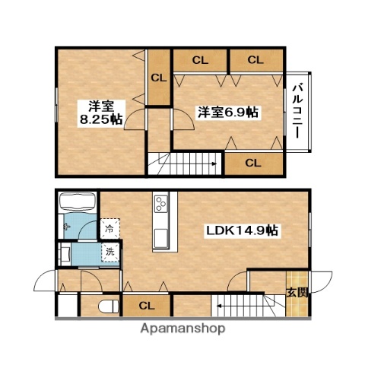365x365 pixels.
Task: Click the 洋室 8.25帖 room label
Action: point(100,112)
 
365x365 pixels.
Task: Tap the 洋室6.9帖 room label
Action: point(228,113)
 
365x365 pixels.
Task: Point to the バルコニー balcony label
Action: point(297,112)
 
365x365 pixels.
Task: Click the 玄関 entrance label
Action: point(297,292)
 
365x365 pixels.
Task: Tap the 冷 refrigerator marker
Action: point(110,228)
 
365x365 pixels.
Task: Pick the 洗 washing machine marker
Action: point(110,252)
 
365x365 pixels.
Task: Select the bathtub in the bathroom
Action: point(77,204)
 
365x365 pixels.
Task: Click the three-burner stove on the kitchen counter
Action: point(162,203)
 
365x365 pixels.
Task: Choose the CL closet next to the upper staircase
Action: point(253,162)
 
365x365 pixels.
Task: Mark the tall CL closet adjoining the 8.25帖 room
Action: point(159,78)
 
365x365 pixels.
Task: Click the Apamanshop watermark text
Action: point(182,330)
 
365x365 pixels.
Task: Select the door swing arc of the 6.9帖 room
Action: point(182,122)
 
